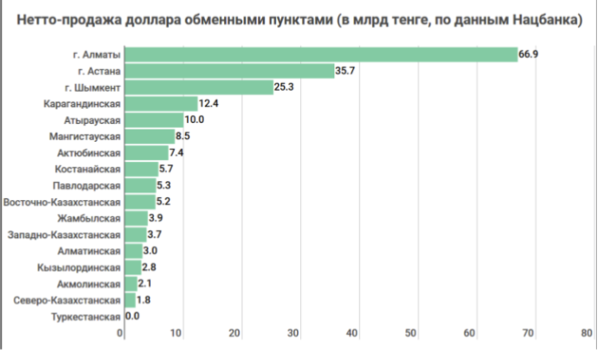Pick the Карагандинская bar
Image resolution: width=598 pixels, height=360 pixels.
coord(161,104)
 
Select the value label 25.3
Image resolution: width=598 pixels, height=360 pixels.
coord(285,87)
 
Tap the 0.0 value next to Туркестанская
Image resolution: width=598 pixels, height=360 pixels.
coord(133,317)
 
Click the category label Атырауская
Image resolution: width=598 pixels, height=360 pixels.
coord(92,120)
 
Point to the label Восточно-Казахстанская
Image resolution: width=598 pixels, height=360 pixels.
coord(61,202)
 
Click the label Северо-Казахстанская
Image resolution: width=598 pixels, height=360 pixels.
coord(67,300)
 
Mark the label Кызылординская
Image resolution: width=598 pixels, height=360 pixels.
coord(79,267)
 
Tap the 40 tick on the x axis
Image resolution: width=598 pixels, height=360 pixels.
coord(353,333)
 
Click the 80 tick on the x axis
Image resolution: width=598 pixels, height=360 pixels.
coord(588,333)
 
